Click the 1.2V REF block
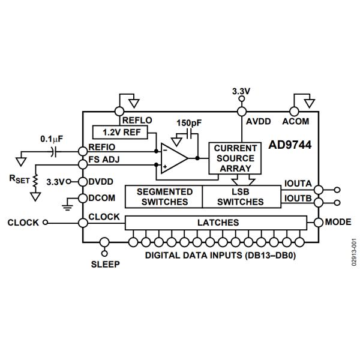point(118,131)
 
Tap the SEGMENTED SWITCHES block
point(163,196)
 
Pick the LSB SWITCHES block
point(241,196)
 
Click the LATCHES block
point(218,223)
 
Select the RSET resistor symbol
point(35,181)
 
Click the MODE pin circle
point(318,223)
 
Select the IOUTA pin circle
point(318,189)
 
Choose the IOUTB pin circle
point(318,202)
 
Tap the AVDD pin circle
point(242,111)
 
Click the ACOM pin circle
point(294,111)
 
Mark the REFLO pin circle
point(117,111)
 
